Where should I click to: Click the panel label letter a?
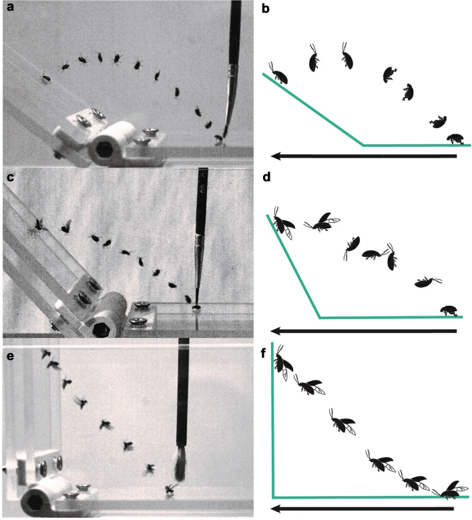coord(10,7)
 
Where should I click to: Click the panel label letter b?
coord(265,9)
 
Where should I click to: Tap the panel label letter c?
coord(10,178)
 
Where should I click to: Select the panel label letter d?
coord(266,177)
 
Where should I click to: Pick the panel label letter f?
coord(264,353)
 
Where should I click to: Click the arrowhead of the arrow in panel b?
coord(276,156)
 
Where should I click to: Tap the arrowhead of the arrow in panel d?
coord(276,330)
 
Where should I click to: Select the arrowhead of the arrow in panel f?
coord(276,509)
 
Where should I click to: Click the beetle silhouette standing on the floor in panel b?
coord(455,139)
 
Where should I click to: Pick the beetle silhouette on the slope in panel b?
coord(278,73)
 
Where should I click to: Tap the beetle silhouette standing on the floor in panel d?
coord(449,311)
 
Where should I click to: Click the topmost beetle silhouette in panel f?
coord(283,362)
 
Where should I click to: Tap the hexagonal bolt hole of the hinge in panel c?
coord(99,330)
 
